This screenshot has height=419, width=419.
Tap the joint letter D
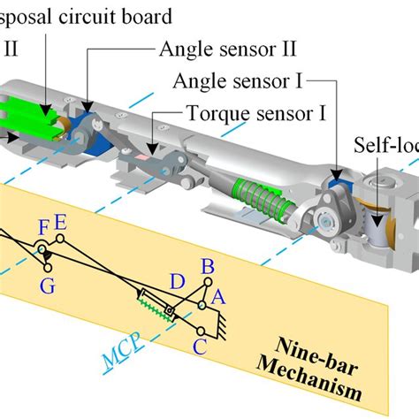point(178,281)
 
